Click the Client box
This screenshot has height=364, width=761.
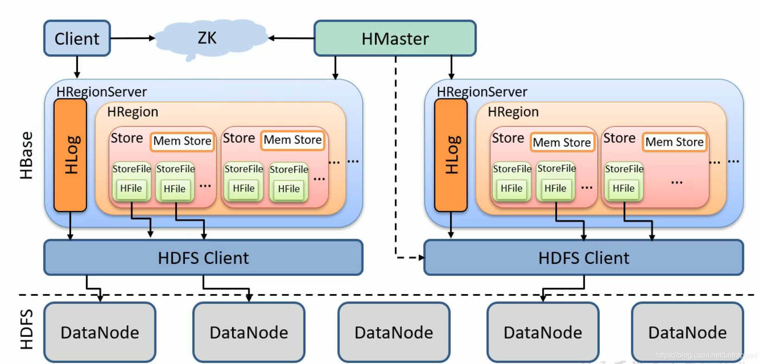tap(77, 38)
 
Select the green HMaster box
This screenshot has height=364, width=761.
tap(395, 38)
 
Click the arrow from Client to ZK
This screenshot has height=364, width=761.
tap(132, 38)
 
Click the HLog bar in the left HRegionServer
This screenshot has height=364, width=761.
tap(70, 155)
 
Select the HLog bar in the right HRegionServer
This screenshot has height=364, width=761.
tap(451, 155)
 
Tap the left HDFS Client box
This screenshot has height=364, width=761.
tap(203, 258)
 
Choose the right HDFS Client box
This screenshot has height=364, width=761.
tap(583, 258)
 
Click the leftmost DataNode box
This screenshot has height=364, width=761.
tap(100, 332)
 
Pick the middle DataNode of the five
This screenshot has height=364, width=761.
tap(393, 332)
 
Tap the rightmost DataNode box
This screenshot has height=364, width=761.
tap(687, 332)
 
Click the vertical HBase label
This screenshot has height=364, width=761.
tap(26, 155)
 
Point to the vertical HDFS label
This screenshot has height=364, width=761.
tap(26, 329)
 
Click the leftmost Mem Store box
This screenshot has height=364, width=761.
tap(182, 141)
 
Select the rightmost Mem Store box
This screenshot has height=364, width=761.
tap(674, 142)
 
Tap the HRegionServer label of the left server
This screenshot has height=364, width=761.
tap(101, 92)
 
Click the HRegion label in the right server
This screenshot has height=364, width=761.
tap(513, 112)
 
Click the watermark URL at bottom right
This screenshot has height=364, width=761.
tap(705, 355)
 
